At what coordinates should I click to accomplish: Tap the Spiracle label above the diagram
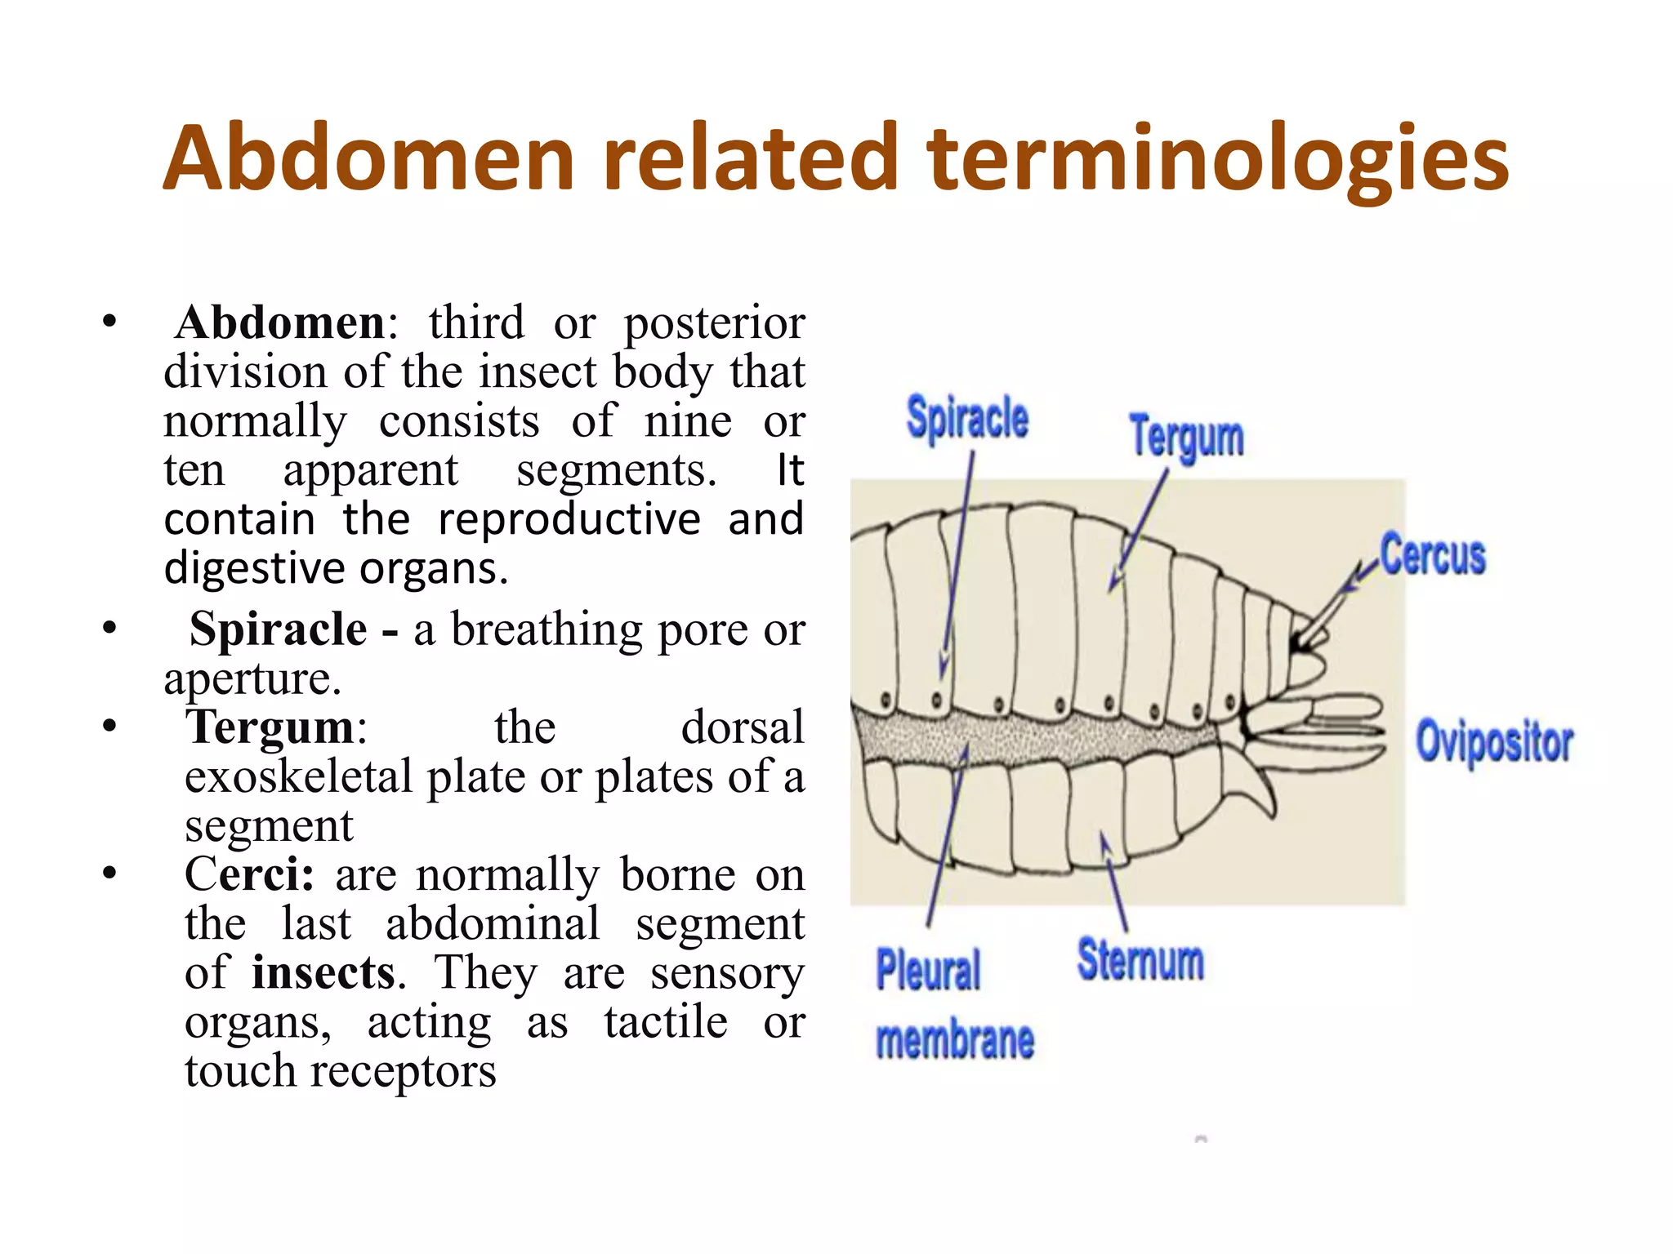[967, 418]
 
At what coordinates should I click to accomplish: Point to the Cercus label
[1433, 555]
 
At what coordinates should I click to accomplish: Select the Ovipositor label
[1494, 742]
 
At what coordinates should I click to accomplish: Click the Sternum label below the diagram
[1140, 960]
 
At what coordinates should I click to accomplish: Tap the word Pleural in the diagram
[928, 971]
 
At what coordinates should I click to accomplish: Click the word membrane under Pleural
[954, 1040]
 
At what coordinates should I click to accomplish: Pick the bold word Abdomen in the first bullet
[280, 322]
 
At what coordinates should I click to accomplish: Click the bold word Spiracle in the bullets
[279, 629]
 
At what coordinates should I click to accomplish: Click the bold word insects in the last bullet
[323, 972]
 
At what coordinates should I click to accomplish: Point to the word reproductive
[569, 520]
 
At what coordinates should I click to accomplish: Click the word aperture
[252, 679]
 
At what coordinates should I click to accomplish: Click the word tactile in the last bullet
[666, 1021]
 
